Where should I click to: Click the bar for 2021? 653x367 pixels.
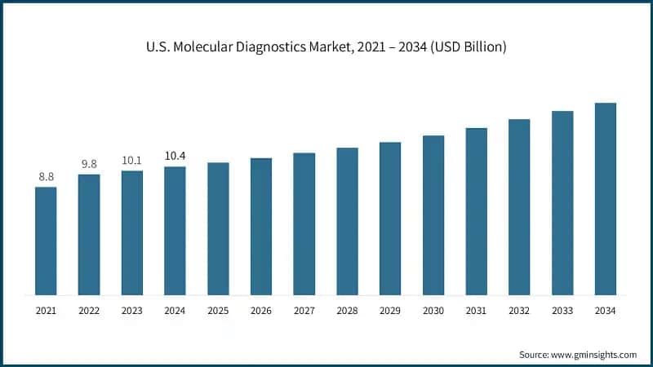[x=46, y=241]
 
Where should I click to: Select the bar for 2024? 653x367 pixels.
[x=175, y=231]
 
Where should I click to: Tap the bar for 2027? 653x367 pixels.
[x=304, y=223]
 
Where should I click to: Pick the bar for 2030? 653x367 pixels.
[x=433, y=214]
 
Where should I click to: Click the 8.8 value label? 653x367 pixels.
[x=46, y=176]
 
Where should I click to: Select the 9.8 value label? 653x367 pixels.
[x=89, y=164]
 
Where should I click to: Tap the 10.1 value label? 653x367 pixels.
[x=131, y=160]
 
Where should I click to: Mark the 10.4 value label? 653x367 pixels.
[x=175, y=156]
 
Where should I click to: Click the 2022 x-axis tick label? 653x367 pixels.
[x=89, y=311]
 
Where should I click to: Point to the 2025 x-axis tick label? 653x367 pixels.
[x=218, y=311]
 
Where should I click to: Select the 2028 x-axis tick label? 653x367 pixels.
[x=347, y=311]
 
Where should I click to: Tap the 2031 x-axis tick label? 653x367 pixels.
[x=476, y=311]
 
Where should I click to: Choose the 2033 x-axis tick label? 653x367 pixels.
[x=562, y=311]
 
